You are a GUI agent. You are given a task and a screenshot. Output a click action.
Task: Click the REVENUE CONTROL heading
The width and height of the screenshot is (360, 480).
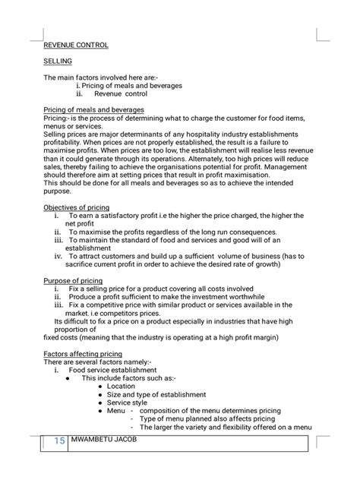pyautogui.click(x=76, y=45)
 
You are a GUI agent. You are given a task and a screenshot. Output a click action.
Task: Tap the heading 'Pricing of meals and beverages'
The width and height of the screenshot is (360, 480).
pyautogui.click(x=93, y=110)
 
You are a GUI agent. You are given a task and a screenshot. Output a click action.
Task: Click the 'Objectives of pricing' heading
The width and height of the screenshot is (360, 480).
pyautogui.click(x=77, y=207)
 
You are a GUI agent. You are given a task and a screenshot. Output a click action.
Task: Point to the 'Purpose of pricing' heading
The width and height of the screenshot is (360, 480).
pyautogui.click(x=73, y=281)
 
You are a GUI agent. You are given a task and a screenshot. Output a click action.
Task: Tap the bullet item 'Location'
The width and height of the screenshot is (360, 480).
pyautogui.click(x=122, y=387)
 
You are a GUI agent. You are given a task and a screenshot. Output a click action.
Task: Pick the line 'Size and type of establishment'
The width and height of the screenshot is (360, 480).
pyautogui.click(x=156, y=395)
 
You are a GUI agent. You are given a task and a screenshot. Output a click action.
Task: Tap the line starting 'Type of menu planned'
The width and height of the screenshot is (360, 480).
pyautogui.click(x=207, y=418)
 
